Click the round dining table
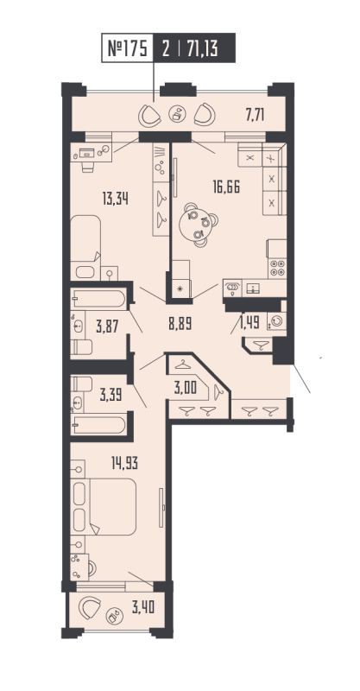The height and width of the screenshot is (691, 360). (198, 227)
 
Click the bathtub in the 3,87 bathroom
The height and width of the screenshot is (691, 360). (100, 299)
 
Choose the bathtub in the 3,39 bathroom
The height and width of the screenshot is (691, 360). (100, 424)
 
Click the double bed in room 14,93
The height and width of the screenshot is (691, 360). (108, 505)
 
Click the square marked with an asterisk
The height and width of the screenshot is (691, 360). (180, 288)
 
